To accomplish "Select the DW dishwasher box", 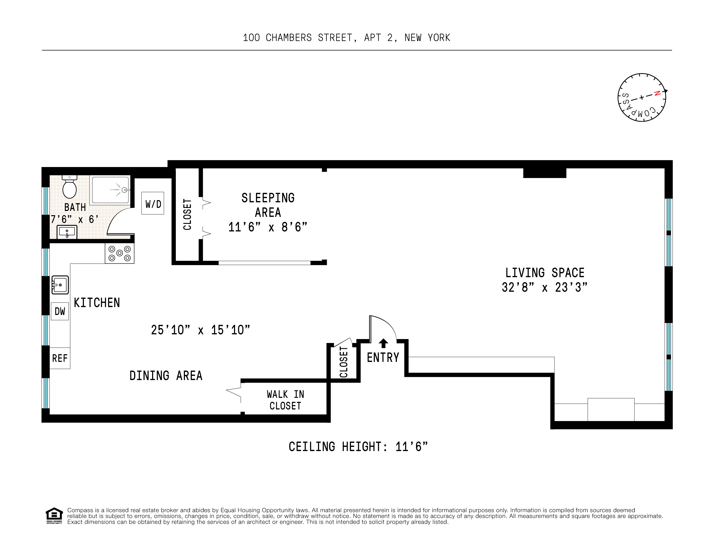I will click(x=60, y=311).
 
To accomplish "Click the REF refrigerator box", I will click(x=60, y=358).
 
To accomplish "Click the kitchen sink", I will click(x=60, y=285).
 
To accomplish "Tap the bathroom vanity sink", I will click(x=67, y=232).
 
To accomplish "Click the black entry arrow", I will click(x=383, y=343).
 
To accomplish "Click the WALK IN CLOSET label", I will click(x=285, y=400).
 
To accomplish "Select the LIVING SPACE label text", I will click(x=545, y=273).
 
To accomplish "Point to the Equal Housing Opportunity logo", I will click(x=54, y=515).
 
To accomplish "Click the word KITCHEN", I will click(x=97, y=303).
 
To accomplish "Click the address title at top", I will click(x=346, y=38).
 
